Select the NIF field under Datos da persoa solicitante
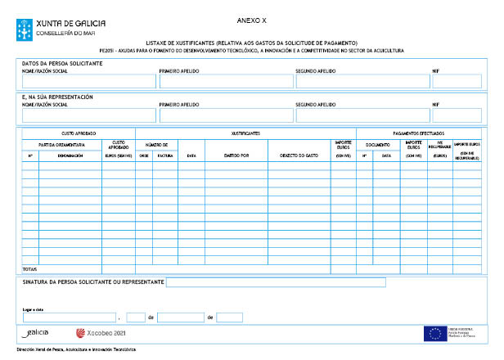[x=457, y=81]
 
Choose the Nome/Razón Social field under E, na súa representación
[x=88, y=115]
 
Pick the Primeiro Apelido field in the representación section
[x=224, y=115]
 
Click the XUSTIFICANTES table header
[x=245, y=133]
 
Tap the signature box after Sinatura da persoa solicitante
[x=277, y=282]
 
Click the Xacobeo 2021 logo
[x=101, y=333]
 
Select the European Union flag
[x=434, y=333]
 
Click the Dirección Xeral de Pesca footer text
[x=76, y=349]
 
